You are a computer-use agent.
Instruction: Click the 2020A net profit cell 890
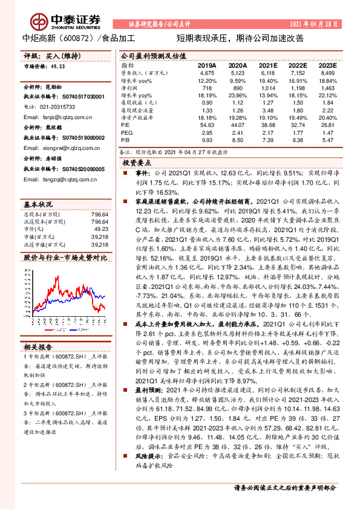238,88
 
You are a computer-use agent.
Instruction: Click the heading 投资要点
137,163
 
